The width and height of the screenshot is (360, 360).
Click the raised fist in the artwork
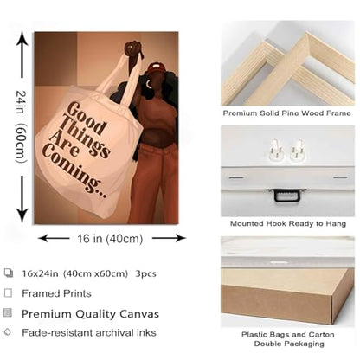(132, 48)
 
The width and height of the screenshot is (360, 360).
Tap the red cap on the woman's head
(156, 67)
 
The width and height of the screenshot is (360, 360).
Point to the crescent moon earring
(149, 84)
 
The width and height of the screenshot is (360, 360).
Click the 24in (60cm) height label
(22, 127)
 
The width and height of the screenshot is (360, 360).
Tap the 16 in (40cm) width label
(110, 239)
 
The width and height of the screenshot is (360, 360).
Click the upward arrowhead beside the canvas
(22, 38)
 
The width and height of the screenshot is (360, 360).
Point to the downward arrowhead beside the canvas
(22, 216)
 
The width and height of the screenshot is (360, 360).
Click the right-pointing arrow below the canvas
(169, 238)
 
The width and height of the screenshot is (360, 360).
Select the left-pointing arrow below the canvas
(54, 238)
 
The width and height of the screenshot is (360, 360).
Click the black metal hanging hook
(287, 195)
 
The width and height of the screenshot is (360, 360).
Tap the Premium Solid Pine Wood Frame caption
(286, 113)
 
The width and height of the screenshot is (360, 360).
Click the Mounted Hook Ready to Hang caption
(288, 223)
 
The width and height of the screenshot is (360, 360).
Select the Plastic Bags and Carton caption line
(288, 335)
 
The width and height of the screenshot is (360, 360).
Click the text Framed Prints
(56, 293)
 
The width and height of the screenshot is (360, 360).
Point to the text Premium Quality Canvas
(90, 314)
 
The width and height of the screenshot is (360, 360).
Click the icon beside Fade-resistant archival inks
(8, 331)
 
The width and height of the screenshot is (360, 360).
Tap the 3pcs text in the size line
(146, 273)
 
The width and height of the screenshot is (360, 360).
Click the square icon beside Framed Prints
(9, 293)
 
